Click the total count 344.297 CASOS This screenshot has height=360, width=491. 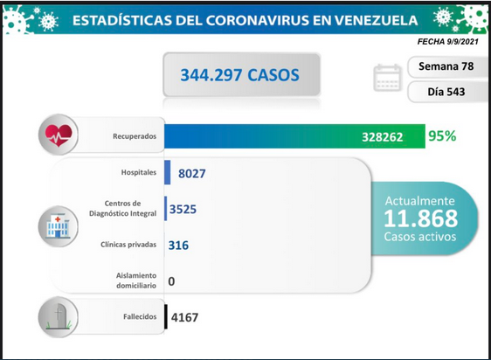pos(239,75)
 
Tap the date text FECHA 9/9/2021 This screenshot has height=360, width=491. pos(448,42)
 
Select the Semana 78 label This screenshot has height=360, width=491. pos(446,66)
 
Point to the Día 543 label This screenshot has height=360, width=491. pos(446,92)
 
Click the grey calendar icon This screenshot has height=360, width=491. pos(387,78)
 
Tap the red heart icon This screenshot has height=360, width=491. pos(59,135)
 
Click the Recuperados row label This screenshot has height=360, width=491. pos(135,136)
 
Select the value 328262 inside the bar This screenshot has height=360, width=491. pos(383,137)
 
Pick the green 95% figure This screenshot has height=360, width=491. pos(442,136)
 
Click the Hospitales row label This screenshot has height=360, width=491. pos(139,172)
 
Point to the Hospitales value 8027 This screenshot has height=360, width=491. pos(192,173)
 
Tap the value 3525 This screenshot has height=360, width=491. pos(183,209)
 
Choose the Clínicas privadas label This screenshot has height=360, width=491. pos(128,245)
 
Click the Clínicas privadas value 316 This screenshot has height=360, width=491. pos(178,245)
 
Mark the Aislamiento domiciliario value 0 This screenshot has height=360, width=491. pos(171,281)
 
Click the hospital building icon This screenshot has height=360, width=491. pos(58,226)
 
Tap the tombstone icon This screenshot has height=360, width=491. pos(58,317)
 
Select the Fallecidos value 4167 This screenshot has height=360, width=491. pos(184,317)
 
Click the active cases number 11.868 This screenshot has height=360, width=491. pos(420,218)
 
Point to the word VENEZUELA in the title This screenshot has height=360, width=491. pos(376,20)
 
